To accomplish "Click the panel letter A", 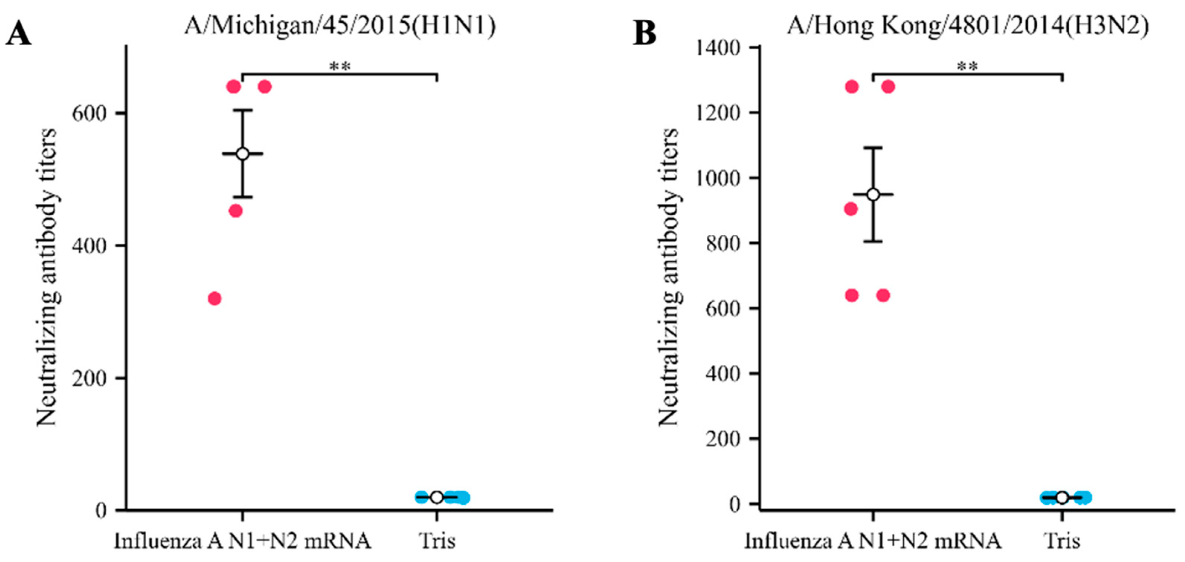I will (18, 33).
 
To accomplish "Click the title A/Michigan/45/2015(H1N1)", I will (340, 26).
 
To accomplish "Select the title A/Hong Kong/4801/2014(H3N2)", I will (968, 26).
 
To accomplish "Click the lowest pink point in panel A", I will (214, 299).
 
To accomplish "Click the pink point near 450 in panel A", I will (235, 211).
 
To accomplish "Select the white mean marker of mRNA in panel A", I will (243, 153).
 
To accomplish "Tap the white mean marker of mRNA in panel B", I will (873, 195).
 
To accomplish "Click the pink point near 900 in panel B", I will (851, 209).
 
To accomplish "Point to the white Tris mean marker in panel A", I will (437, 497).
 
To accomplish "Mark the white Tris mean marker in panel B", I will (1062, 497).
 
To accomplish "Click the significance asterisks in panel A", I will (340, 66).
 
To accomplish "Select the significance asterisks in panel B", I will (968, 66).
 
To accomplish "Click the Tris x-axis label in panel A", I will (437, 541).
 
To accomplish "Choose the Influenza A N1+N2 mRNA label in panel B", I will (873, 541).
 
